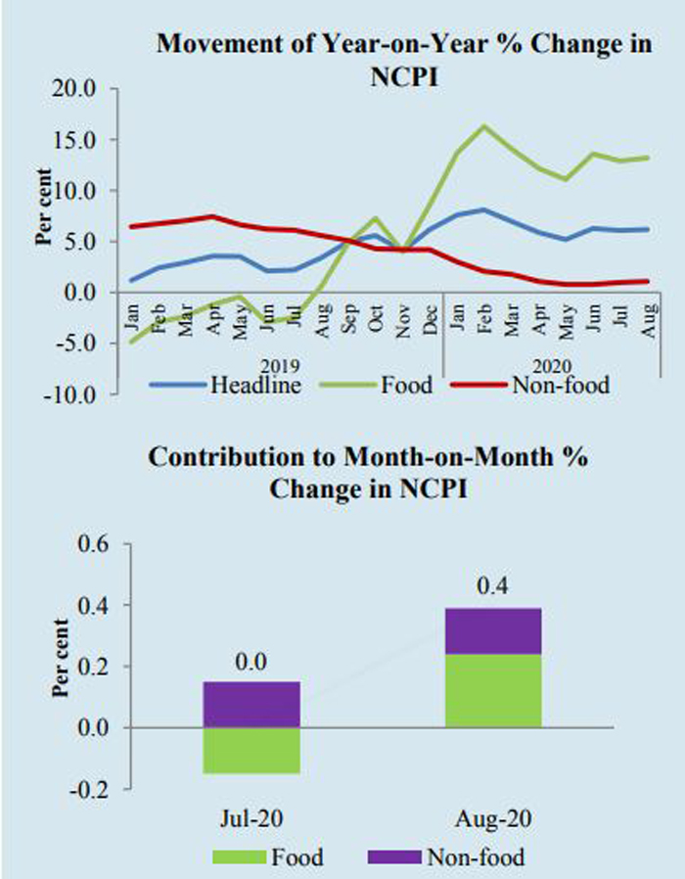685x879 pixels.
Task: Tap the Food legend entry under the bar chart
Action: coord(297,858)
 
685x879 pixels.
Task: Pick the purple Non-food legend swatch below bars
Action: coord(395,858)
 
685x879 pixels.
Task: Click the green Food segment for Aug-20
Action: coord(492,690)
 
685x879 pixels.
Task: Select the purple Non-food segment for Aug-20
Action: coord(492,630)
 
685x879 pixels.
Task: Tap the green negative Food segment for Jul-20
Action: coord(252,751)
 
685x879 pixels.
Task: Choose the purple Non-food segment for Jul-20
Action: coord(252,705)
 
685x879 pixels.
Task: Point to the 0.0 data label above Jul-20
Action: coord(252,662)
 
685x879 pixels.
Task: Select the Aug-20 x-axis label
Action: coord(492,817)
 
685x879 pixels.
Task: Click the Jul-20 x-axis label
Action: coord(252,817)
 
